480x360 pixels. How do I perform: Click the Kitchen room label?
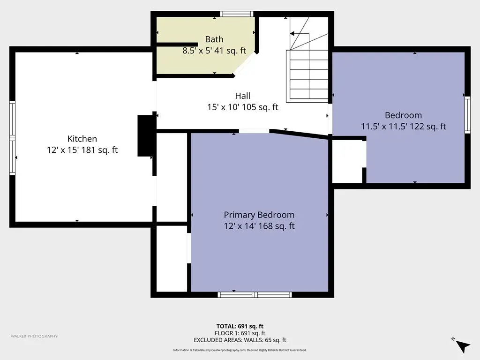[82, 139]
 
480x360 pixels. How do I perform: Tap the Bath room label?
[214, 39]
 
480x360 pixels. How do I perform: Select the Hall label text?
[243, 96]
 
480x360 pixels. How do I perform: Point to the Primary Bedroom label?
[259, 215]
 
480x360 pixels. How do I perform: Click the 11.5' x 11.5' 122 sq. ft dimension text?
[403, 127]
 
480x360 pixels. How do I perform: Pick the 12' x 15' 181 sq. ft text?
[82, 150]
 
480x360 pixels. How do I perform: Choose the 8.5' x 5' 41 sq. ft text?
[214, 51]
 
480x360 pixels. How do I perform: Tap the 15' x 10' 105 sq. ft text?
[243, 107]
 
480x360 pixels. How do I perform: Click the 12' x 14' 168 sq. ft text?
[259, 226]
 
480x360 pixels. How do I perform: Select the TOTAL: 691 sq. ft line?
[240, 326]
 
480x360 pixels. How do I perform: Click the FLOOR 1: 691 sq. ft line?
[240, 333]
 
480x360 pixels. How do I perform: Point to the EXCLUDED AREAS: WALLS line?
[240, 340]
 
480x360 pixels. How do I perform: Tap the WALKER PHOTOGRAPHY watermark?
[34, 336]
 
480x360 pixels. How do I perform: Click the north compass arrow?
[463, 346]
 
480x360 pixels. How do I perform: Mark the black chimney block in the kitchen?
[146, 135]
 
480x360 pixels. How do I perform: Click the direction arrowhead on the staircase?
[292, 33]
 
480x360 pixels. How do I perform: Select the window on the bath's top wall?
[237, 14]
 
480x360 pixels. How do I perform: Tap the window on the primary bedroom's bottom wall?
[255, 295]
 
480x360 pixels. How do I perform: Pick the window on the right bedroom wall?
[467, 115]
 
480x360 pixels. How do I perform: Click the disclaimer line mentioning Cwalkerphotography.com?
[240, 350]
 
